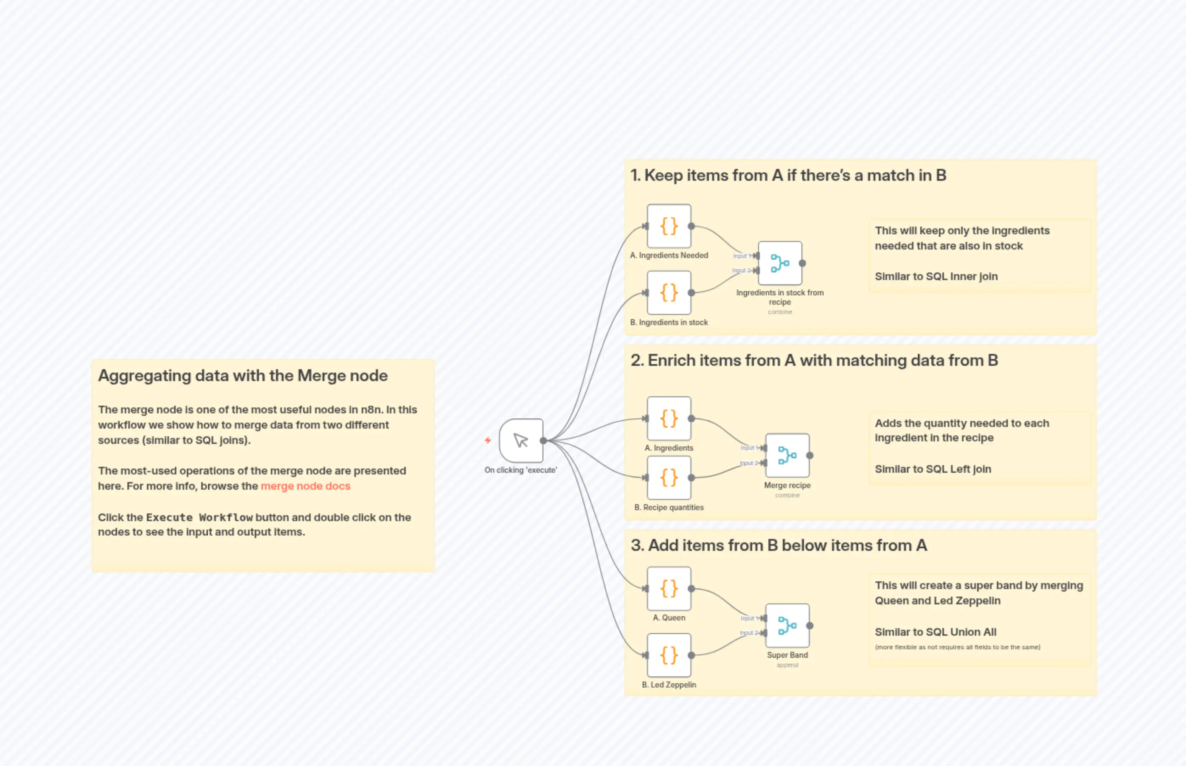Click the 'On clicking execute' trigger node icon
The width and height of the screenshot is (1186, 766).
click(521, 440)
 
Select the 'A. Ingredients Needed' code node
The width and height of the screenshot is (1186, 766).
click(669, 226)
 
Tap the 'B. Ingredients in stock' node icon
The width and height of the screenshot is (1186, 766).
click(669, 292)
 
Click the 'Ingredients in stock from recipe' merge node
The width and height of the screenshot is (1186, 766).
click(779, 263)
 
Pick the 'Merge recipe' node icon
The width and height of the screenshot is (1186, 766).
click(787, 455)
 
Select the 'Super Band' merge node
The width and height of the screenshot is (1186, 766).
click(787, 625)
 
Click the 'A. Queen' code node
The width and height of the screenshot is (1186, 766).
click(669, 589)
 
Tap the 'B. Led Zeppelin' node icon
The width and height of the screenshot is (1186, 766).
click(669, 655)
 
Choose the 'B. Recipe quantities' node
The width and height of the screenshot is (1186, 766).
click(669, 477)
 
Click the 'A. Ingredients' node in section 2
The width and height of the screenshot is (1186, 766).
click(669, 418)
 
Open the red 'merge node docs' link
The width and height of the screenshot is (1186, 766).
click(306, 486)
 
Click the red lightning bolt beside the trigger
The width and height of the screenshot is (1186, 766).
click(488, 440)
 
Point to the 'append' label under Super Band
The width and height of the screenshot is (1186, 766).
click(787, 665)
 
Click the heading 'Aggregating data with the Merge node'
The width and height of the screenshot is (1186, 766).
click(243, 376)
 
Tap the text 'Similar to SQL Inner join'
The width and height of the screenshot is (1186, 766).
click(936, 277)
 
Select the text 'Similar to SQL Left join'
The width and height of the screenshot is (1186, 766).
click(933, 469)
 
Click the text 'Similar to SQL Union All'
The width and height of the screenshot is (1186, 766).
click(935, 632)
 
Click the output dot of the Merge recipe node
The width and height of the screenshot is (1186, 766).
click(810, 455)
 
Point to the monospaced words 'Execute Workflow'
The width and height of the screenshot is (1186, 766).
click(199, 517)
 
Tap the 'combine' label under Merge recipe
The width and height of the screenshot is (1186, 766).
click(787, 495)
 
